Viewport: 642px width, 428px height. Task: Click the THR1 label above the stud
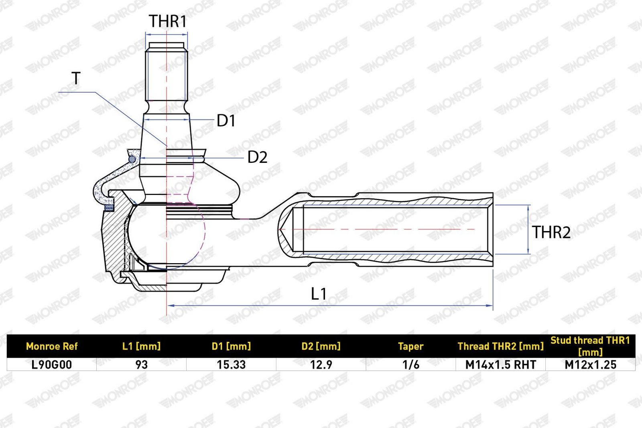tap(168, 21)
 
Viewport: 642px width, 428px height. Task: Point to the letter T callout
tap(76, 78)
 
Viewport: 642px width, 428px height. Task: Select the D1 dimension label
tap(226, 121)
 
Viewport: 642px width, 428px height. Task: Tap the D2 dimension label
tap(257, 157)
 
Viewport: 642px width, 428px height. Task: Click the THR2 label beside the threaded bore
tap(551, 232)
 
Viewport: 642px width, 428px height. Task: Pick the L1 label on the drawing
tap(319, 294)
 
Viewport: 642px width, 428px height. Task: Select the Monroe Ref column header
tap(52, 346)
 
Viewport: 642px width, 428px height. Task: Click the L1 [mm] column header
tap(141, 346)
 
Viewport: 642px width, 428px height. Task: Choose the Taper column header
tap(411, 346)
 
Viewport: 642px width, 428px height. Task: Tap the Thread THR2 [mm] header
tap(500, 346)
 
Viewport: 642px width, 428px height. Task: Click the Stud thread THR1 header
tap(590, 346)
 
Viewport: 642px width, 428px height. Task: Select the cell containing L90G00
tap(52, 365)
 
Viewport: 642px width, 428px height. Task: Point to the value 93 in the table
tap(141, 365)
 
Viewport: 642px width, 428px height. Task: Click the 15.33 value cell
tap(231, 365)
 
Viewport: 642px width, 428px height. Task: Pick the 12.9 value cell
tap(321, 365)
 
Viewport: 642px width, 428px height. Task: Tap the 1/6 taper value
tap(411, 365)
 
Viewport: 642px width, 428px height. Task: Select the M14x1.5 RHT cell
tap(500, 365)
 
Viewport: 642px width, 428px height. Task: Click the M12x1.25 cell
tap(590, 365)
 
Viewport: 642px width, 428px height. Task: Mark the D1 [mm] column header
tap(231, 346)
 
